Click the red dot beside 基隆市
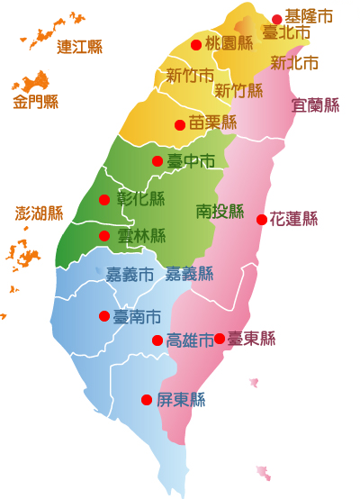[x=277, y=19]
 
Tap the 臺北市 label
[x=286, y=32]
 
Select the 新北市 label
[x=294, y=63]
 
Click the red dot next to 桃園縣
[x=196, y=44]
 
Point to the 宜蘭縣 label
[x=316, y=104]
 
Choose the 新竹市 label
[x=190, y=76]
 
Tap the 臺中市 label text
[x=191, y=161]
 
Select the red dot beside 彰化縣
[x=104, y=200]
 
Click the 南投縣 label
[x=220, y=212]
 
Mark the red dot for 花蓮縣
[x=262, y=219]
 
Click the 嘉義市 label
[x=130, y=274]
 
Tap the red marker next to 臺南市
[x=104, y=316]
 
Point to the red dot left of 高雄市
[x=157, y=340]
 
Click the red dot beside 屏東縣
[x=147, y=400]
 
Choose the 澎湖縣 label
[x=40, y=213]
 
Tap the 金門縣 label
[x=36, y=102]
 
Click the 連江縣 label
[x=79, y=47]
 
